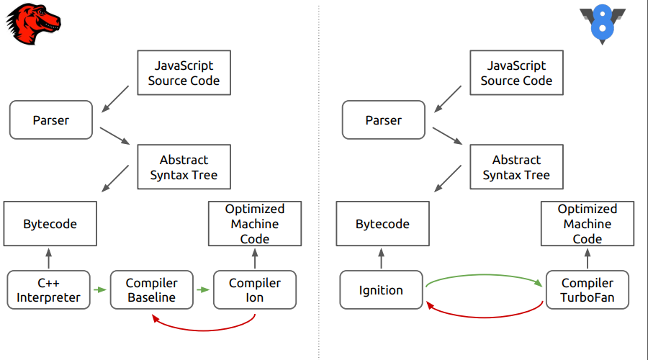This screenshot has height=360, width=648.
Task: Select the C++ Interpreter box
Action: click(49, 290)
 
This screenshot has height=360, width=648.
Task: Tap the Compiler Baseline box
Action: click(152, 290)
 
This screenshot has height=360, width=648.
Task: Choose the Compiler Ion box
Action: click(255, 290)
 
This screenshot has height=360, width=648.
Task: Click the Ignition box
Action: click(381, 290)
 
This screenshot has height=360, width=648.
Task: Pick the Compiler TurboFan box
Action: click(588, 290)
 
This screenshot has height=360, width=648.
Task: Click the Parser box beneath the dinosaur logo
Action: click(51, 120)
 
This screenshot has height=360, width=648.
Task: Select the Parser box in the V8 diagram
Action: click(383, 120)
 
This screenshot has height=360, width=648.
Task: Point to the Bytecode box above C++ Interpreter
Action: click(50, 224)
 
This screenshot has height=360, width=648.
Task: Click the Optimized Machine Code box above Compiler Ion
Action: click(255, 223)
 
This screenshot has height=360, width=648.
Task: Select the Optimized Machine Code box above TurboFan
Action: click(588, 223)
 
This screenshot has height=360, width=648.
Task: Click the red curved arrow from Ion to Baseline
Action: click(205, 328)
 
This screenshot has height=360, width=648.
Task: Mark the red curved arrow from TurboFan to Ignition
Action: click(484, 315)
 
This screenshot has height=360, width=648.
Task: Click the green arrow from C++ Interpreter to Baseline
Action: click(100, 290)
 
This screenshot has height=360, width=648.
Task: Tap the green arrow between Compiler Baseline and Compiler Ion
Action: click(204, 290)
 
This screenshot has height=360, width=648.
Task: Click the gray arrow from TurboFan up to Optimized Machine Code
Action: click(588, 258)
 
